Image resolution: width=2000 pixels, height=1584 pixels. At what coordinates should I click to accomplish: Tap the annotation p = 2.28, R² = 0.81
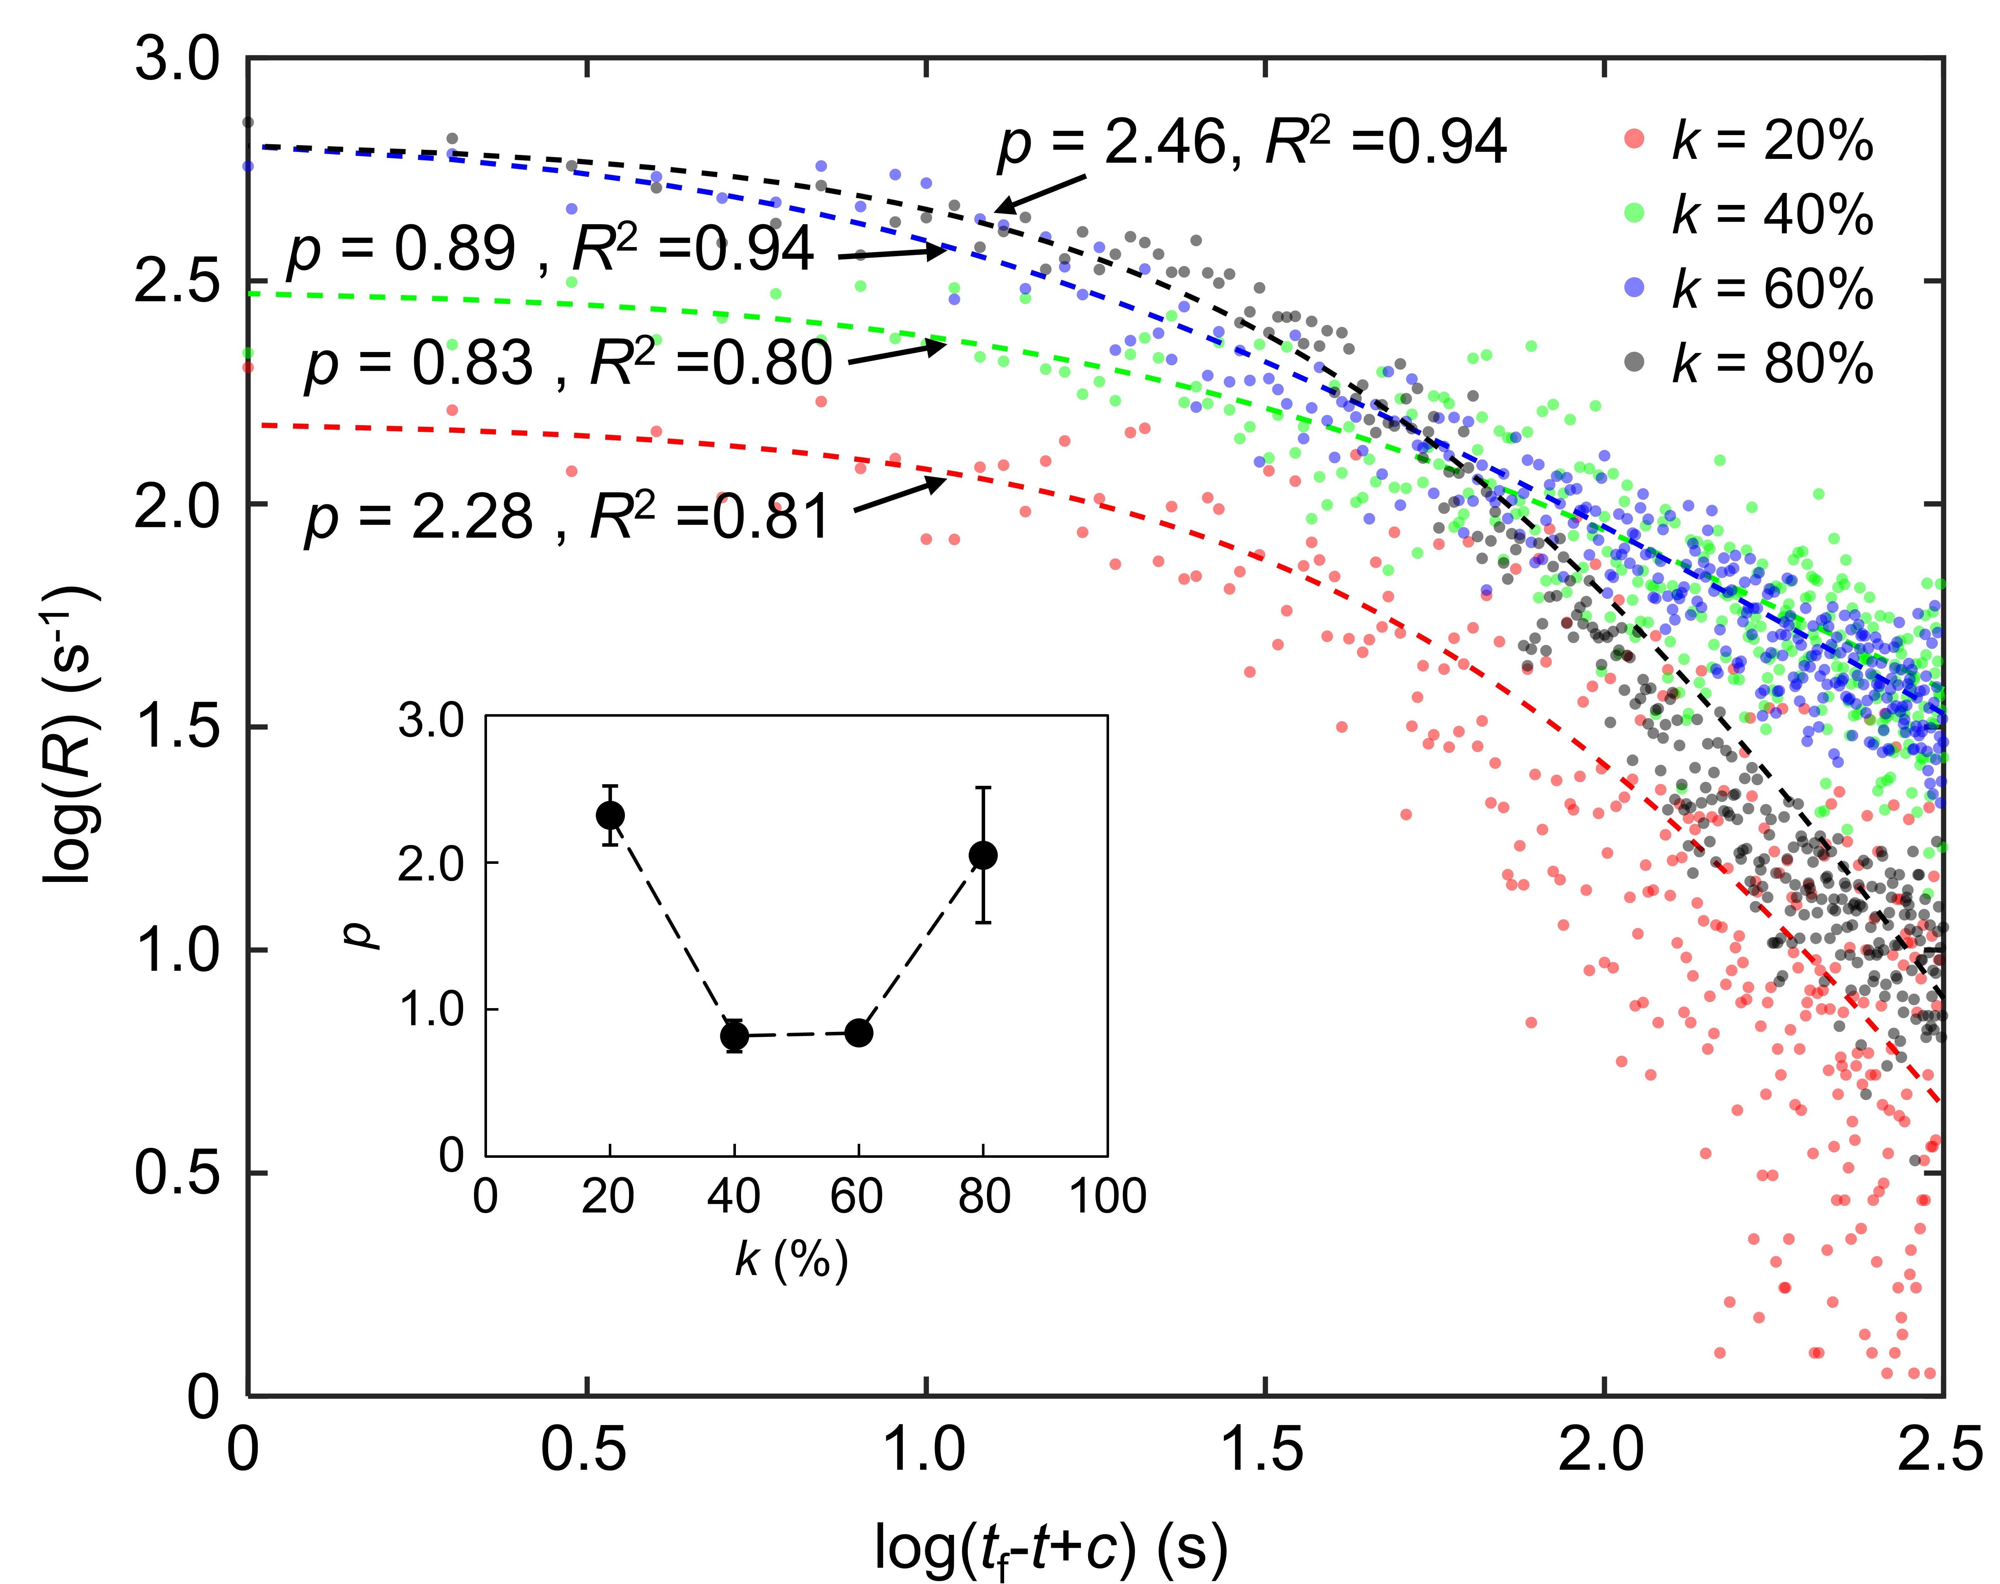coord(568,517)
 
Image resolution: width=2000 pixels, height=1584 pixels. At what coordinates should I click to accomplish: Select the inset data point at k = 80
coord(983,855)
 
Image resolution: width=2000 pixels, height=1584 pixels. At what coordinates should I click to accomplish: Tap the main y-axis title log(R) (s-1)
coord(72,733)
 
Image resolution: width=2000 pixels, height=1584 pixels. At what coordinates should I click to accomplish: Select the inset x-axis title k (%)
coord(791,1259)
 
